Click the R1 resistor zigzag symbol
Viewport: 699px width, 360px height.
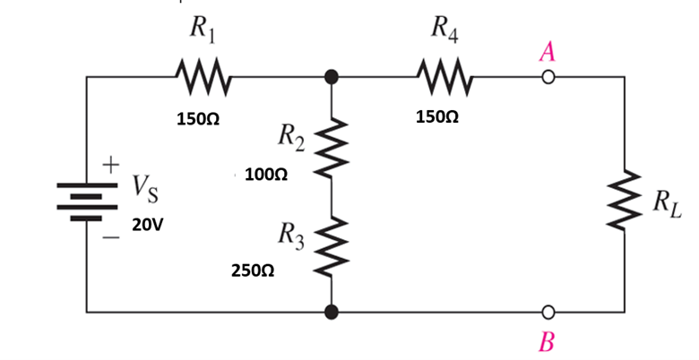point(203,77)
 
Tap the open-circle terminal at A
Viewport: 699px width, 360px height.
point(548,78)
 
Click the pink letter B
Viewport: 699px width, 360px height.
point(548,342)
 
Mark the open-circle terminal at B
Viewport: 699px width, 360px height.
point(548,313)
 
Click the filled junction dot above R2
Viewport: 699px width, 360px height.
point(332,78)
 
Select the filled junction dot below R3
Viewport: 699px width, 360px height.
point(332,313)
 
